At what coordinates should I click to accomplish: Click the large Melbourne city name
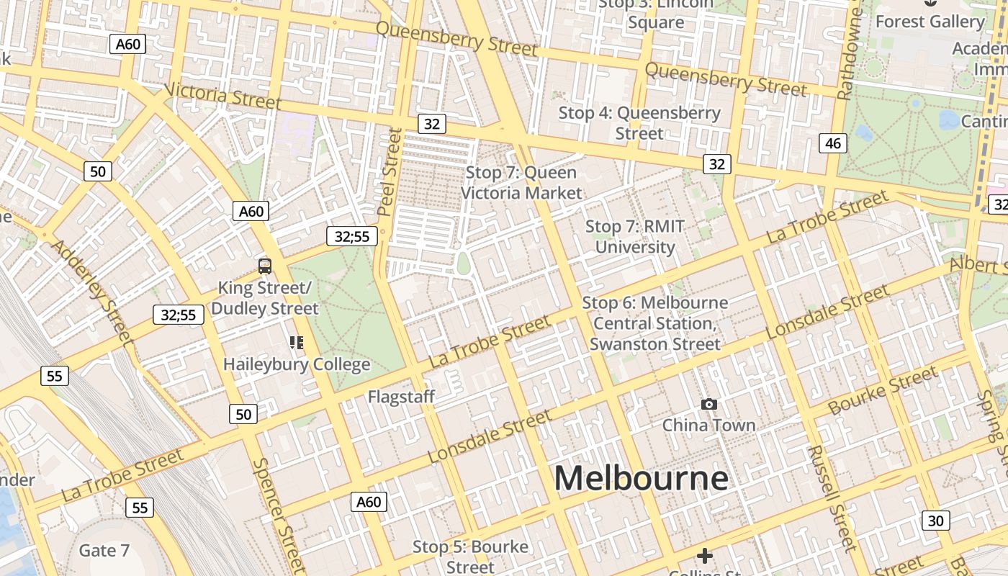tap(641, 478)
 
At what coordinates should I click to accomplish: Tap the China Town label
tap(708, 425)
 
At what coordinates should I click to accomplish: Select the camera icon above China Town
tap(709, 405)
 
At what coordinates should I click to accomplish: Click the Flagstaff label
tap(401, 397)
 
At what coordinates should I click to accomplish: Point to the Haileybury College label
tap(297, 364)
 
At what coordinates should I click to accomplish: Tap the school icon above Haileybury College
tap(297, 343)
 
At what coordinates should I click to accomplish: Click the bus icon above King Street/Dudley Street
tap(265, 266)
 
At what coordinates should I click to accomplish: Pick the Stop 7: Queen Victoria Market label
tap(521, 183)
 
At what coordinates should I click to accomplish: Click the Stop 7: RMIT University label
tap(634, 237)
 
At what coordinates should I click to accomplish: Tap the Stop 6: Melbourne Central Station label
tap(654, 323)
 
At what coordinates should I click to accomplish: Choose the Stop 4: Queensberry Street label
tap(639, 123)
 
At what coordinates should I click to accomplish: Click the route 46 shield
tap(832, 143)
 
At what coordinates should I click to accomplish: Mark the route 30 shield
tap(935, 521)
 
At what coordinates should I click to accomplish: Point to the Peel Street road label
tap(388, 171)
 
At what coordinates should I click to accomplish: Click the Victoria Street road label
tap(222, 96)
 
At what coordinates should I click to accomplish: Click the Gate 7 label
tap(104, 551)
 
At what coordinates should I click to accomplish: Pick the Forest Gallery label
tap(930, 22)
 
